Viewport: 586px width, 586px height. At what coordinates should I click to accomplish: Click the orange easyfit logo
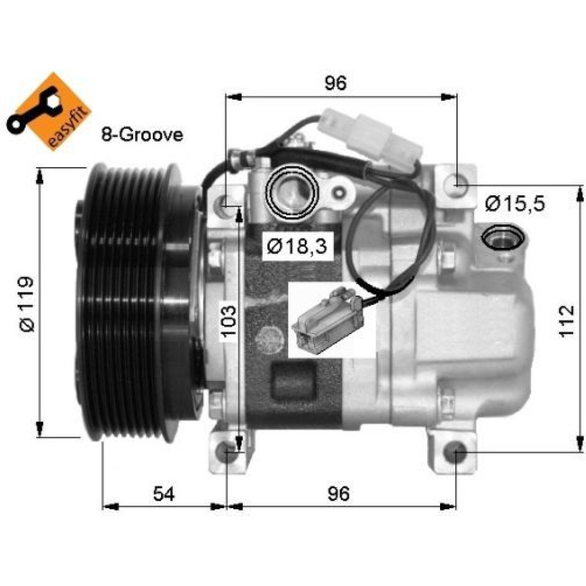pyautogui.click(x=49, y=112)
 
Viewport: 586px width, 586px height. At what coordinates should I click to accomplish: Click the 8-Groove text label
pyautogui.click(x=142, y=135)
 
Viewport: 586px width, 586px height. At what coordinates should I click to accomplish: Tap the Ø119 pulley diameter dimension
pyautogui.click(x=28, y=304)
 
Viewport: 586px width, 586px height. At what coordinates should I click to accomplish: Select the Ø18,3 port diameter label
pyautogui.click(x=297, y=246)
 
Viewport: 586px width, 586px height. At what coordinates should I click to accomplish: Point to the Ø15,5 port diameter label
pyautogui.click(x=515, y=204)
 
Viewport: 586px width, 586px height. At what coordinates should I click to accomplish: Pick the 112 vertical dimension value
pyautogui.click(x=566, y=321)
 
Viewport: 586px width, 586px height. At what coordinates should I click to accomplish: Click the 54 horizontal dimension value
pyautogui.click(x=163, y=493)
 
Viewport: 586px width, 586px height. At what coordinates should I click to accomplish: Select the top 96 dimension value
pyautogui.click(x=336, y=83)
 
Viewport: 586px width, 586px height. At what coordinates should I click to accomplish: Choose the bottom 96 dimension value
pyautogui.click(x=339, y=493)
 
